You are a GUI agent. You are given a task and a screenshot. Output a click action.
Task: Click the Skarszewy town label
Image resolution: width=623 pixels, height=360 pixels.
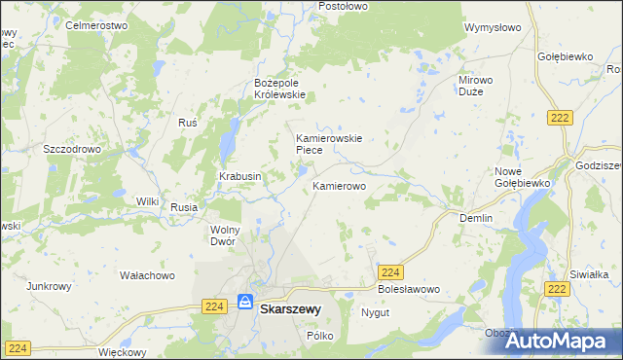click(x=291, y=311)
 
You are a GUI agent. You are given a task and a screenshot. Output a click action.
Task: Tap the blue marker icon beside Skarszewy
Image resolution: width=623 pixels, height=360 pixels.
click(x=246, y=303)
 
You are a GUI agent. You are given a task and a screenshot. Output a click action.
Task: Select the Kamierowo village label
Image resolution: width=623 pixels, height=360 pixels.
click(x=339, y=185)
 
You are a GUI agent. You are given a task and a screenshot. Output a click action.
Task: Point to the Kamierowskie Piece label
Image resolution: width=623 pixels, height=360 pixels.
click(x=329, y=144)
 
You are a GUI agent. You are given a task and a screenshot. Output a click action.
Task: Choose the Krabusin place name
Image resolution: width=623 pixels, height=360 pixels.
click(x=239, y=176)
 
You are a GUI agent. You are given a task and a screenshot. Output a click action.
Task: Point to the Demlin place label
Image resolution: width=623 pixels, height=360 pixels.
click(x=476, y=219)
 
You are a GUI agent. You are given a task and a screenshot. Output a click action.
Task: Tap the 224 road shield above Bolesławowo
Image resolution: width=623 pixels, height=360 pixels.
click(x=390, y=273)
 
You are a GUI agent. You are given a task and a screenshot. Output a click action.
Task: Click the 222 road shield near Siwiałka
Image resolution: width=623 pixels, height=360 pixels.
click(x=558, y=290)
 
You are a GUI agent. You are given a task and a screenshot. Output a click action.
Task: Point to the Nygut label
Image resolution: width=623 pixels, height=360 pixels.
click(x=376, y=313)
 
